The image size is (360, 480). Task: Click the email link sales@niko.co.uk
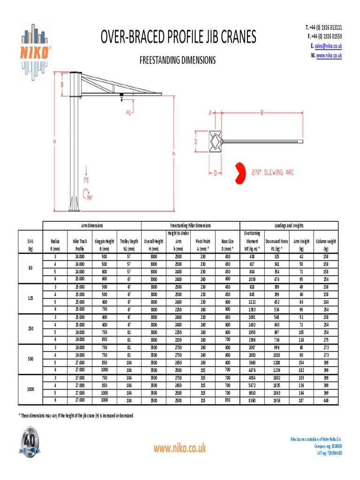[328, 46]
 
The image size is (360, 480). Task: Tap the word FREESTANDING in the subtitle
[160, 60]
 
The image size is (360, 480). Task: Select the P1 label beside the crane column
[86, 179]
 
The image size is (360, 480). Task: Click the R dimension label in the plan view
[262, 112]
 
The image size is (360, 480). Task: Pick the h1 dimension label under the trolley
[128, 112]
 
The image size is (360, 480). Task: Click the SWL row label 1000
[30, 389]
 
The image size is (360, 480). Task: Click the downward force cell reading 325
[277, 256]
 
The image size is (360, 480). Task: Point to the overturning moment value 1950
[252, 332]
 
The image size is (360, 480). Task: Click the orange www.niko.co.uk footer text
[180, 448]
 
